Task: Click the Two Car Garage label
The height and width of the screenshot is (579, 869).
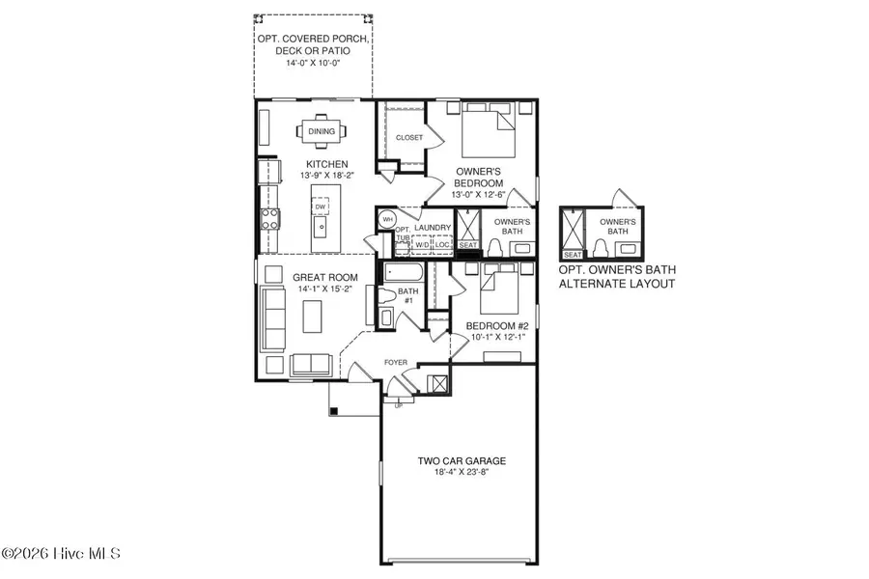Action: [x=461, y=461]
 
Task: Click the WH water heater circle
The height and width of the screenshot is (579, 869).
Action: [x=386, y=220]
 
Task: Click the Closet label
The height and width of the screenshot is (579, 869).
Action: [x=409, y=138]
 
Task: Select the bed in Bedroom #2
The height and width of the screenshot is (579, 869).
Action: [x=497, y=289]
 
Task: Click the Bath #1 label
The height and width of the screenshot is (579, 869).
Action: [x=409, y=295]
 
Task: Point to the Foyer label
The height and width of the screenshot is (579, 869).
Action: [x=395, y=363]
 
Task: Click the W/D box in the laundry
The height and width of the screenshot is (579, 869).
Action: [x=423, y=245]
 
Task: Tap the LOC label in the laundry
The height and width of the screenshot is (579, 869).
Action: [x=442, y=245]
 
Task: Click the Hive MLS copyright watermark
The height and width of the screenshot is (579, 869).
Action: [x=62, y=554]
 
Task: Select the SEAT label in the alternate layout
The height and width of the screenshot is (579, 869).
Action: [x=573, y=254]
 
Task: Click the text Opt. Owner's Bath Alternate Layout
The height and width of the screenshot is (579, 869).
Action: [x=616, y=278]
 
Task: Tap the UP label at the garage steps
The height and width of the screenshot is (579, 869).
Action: [x=397, y=405]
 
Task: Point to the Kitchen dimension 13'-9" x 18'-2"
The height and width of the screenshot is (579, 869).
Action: [x=327, y=176]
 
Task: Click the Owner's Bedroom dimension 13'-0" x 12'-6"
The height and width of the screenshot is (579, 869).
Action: [x=479, y=194]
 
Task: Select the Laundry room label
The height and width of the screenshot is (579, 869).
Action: [x=434, y=228]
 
